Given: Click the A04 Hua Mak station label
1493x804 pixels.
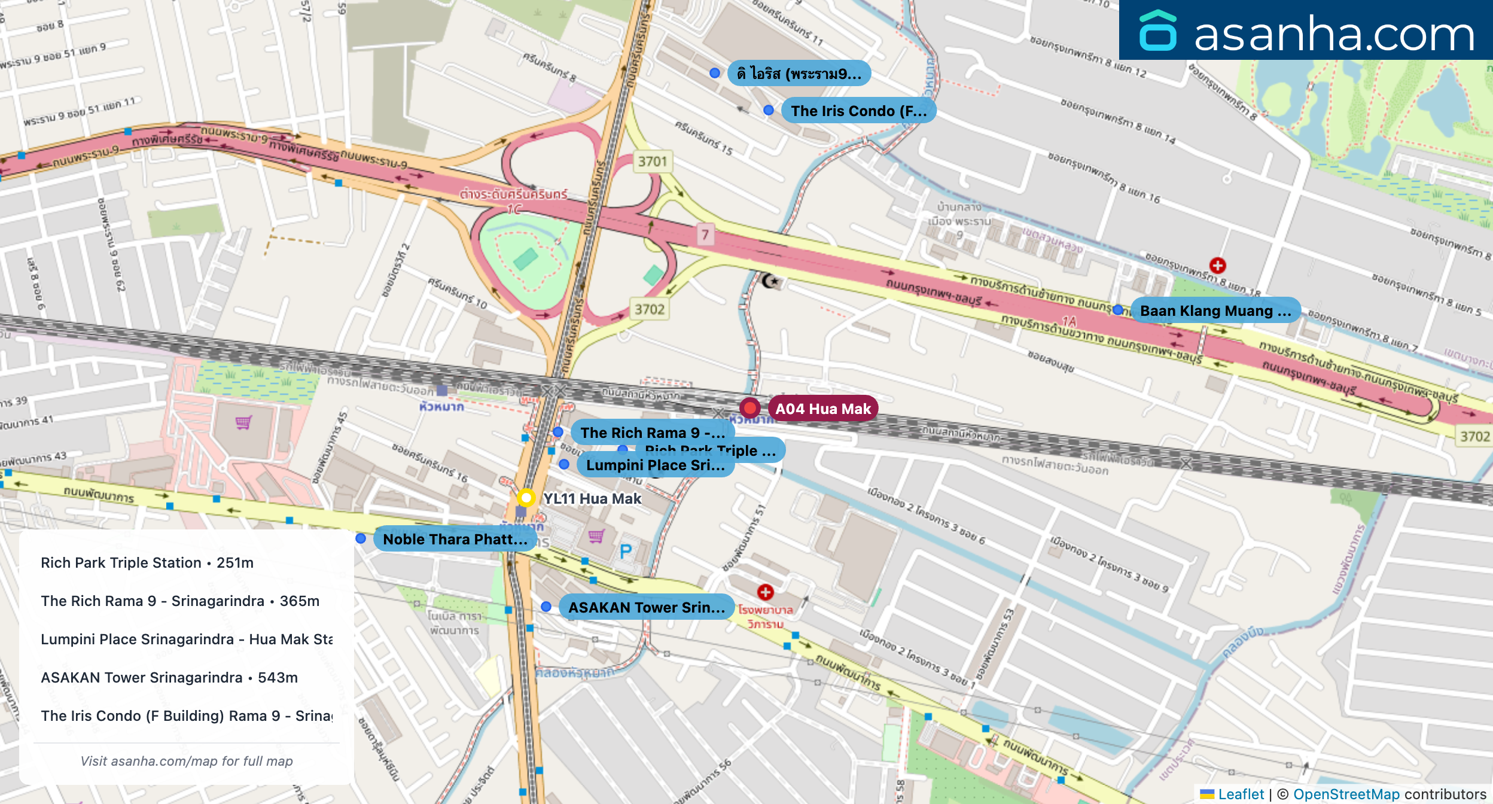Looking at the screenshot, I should pyautogui.click(x=822, y=409).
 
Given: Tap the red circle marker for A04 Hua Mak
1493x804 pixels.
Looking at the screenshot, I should pyautogui.click(x=749, y=408).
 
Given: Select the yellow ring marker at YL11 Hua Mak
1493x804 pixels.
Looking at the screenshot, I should pyautogui.click(x=526, y=498).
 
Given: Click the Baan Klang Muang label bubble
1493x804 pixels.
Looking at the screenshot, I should pyautogui.click(x=1215, y=310).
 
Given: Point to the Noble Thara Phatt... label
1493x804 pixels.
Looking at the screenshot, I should pyautogui.click(x=455, y=539).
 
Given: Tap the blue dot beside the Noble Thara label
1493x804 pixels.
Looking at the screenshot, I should pyautogui.click(x=361, y=538).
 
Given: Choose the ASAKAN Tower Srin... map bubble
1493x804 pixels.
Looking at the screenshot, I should pyautogui.click(x=646, y=607).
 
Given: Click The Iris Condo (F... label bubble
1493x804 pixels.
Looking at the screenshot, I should pyautogui.click(x=858, y=111).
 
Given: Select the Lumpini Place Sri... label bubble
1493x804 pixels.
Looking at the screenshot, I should pyautogui.click(x=655, y=465).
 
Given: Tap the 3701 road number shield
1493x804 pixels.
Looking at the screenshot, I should pyautogui.click(x=652, y=162).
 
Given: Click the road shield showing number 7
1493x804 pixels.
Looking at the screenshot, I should pyautogui.click(x=705, y=234).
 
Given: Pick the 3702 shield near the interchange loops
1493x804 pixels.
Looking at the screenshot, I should pyautogui.click(x=649, y=309).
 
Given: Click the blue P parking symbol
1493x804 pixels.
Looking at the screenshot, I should pyautogui.click(x=626, y=551).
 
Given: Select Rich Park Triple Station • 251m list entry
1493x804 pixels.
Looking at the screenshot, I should pyautogui.click(x=147, y=563).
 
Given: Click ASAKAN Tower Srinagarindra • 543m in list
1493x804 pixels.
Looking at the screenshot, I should pyautogui.click(x=169, y=678).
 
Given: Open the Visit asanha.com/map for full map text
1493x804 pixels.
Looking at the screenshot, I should pyautogui.click(x=187, y=761).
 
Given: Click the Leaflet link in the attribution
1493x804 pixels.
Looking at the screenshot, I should pyautogui.click(x=1241, y=794).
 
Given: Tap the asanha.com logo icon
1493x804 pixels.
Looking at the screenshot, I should pyautogui.click(x=1157, y=31).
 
